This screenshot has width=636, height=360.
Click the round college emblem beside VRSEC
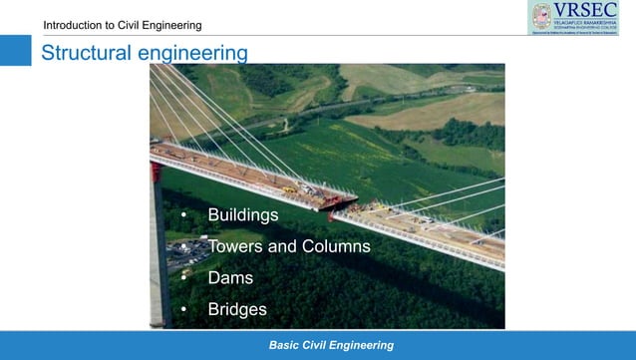pos(541,16)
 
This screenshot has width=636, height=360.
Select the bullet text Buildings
pos(242,214)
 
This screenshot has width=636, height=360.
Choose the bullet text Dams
pos(230,278)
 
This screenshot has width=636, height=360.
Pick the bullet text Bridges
pos(237,310)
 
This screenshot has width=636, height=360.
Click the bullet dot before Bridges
pos(183,311)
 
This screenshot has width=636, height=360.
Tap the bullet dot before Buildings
pos(183,215)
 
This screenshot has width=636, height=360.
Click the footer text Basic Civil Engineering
pos(331,345)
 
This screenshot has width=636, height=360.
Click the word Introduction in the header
pos(76,25)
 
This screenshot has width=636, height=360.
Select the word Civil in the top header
pos(136,25)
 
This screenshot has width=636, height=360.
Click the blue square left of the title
pos(16,51)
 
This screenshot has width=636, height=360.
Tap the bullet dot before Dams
pos(183,279)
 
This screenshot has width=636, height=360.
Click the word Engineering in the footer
pos(362,345)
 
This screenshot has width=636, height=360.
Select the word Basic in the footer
pos(284,345)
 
